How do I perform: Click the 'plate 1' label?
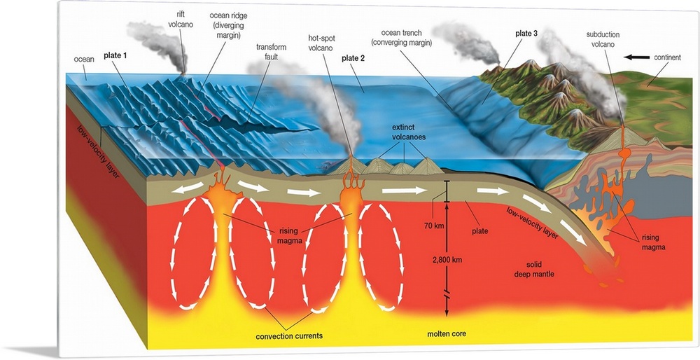pos(115,55)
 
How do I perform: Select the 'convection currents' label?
pos(290,336)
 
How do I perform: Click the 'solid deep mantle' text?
pos(531,269)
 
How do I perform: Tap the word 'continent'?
pos(669,57)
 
